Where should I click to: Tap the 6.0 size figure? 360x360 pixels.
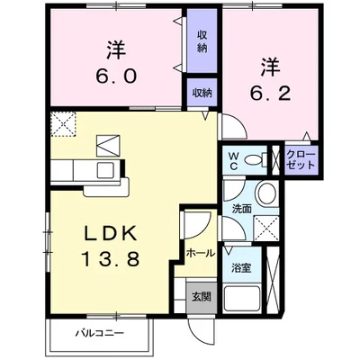click(116, 76)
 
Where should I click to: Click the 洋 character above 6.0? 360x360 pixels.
click(116, 49)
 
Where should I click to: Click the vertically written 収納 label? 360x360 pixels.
click(202, 41)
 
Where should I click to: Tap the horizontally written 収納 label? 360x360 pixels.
click(202, 93)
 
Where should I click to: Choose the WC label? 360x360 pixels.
click(232, 160)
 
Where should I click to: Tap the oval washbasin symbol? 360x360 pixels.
click(265, 194)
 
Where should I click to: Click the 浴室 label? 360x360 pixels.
click(239, 267)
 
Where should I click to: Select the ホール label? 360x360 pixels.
click(200, 253)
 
